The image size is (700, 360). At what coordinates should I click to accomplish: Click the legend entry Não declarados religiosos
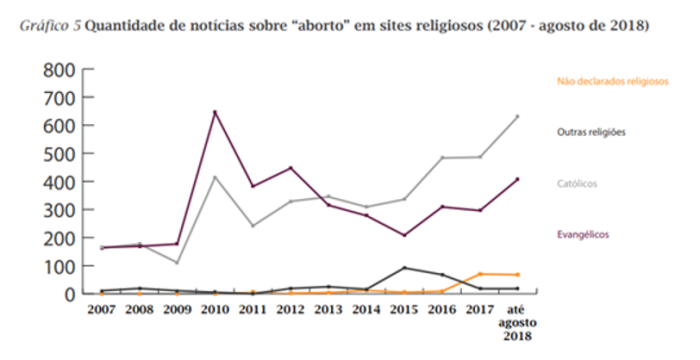click(611, 82)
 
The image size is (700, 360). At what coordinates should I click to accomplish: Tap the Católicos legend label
click(579, 184)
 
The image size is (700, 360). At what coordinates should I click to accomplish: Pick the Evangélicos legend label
click(583, 234)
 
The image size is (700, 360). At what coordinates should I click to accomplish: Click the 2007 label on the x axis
click(101, 311)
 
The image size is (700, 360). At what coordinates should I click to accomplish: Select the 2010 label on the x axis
click(214, 311)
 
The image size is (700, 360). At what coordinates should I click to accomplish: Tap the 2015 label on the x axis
click(403, 311)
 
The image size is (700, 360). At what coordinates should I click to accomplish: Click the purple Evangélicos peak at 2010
click(215, 112)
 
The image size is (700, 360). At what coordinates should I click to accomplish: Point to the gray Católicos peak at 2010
click(215, 177)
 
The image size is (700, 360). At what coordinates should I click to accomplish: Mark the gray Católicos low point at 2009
click(177, 263)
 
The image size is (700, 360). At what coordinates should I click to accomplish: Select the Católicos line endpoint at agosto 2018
click(517, 116)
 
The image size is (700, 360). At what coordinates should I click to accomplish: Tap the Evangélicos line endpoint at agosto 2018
click(517, 179)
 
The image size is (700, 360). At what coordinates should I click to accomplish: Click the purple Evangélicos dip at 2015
click(403, 235)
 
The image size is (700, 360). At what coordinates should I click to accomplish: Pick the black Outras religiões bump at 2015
click(403, 268)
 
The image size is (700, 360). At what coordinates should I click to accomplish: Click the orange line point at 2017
click(479, 274)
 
